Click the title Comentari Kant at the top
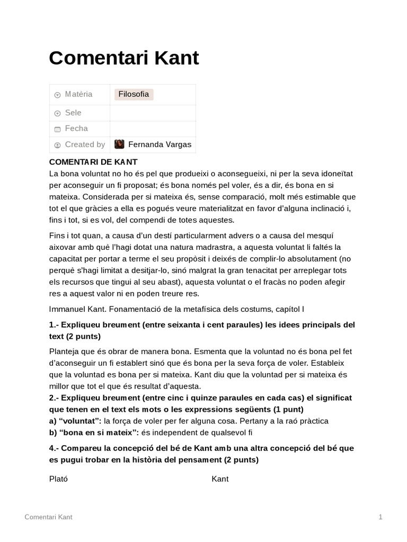point(123,58)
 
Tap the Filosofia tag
point(134,94)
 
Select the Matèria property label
point(78,94)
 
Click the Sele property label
point(73,113)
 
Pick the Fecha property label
point(76,129)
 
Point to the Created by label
point(85,144)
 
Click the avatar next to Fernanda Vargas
point(120,144)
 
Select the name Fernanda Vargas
point(160,144)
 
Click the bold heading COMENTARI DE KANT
point(93,162)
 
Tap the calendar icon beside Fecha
point(57,129)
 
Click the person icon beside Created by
point(57,145)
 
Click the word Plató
point(58,479)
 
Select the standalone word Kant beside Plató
point(220,479)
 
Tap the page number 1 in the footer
point(381,517)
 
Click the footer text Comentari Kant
point(49,517)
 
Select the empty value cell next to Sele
point(153,113)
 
